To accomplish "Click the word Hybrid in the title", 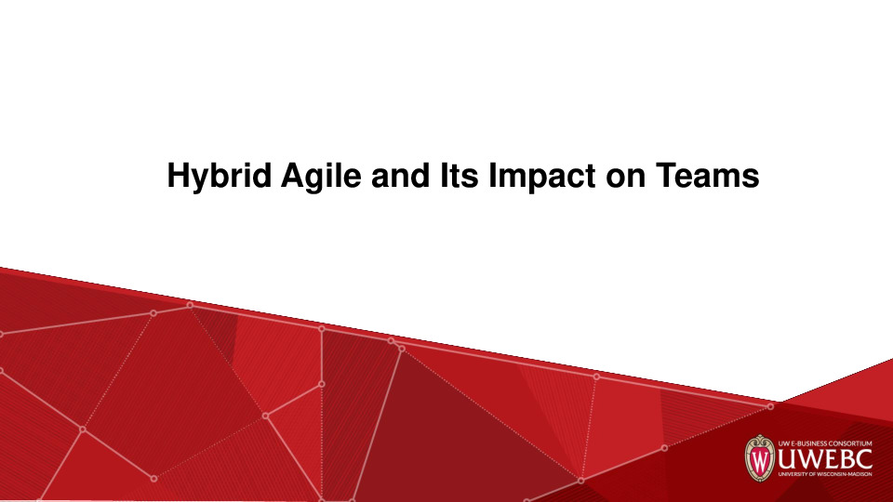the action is coord(220,177).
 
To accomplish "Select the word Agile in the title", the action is coord(321,177).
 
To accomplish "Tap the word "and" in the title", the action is coord(400,175).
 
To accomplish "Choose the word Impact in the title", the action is coord(542,177).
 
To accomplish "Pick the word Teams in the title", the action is coord(707,175).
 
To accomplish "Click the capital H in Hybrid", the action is coord(178,175).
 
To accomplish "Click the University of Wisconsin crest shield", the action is coord(760,458).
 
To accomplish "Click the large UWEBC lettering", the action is coord(825,458).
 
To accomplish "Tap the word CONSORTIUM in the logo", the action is coord(850,443).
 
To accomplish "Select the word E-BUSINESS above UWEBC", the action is coord(808,443).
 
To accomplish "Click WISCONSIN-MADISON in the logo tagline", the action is coord(844,473).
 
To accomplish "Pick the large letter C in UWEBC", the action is coord(863,458).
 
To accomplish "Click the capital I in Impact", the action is coord(493,175).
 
